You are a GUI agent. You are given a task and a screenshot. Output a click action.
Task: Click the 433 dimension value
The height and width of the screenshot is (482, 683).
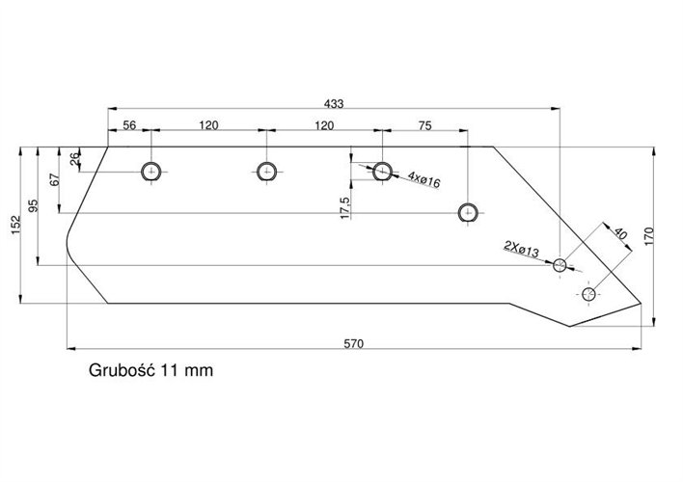[x=334, y=102]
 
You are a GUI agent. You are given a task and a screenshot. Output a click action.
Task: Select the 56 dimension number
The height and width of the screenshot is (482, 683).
[x=128, y=125]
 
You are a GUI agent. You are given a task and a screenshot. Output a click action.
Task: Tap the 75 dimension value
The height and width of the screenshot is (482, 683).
[x=424, y=125]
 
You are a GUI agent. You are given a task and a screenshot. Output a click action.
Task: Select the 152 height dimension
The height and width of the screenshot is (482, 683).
[x=14, y=224]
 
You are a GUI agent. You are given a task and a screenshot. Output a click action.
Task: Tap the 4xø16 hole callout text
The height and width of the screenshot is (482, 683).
[x=424, y=179]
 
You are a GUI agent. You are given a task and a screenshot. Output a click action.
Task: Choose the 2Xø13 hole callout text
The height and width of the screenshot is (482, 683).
[x=522, y=252]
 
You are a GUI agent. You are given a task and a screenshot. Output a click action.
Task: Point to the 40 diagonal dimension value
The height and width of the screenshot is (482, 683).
[x=620, y=234]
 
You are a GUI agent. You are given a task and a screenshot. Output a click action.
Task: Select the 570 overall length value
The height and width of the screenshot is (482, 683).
[x=355, y=344]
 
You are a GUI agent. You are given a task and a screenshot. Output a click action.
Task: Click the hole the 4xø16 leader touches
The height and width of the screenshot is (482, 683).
[x=383, y=172]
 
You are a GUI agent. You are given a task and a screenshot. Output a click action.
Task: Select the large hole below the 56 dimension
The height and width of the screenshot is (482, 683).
[x=150, y=172]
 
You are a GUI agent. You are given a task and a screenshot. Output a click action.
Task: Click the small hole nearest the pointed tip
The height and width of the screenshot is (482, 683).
[x=589, y=292]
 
